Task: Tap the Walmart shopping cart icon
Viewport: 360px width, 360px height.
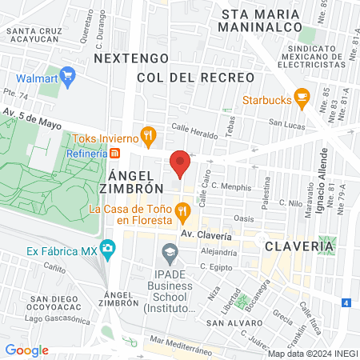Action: [67, 78]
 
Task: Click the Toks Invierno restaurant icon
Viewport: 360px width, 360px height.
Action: [147, 135]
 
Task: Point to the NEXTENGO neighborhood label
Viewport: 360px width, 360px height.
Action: [131, 58]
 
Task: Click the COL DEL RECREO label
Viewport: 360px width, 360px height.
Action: [195, 78]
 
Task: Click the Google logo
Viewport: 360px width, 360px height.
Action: [26, 350]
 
